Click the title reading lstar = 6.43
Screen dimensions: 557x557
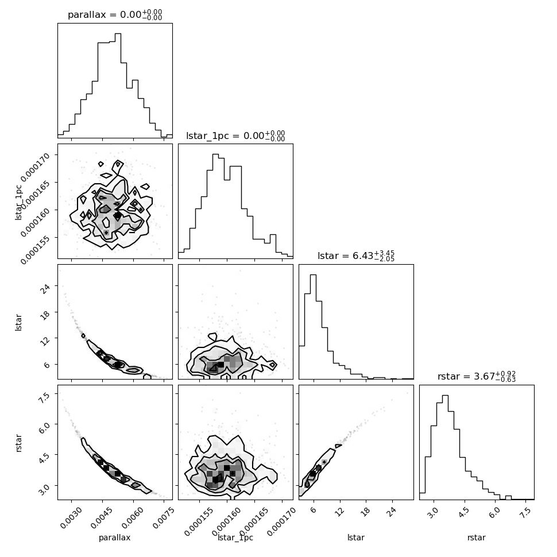[x=356, y=256]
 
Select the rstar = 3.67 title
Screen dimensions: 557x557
[x=477, y=376]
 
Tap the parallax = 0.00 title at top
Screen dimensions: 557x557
[x=115, y=14]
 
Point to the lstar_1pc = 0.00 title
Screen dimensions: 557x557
[x=235, y=136]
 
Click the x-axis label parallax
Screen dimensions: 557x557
[x=115, y=537]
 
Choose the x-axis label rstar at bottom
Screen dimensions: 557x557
[x=477, y=537]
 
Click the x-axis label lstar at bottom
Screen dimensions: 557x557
[x=356, y=537]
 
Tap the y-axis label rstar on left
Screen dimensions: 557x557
[x=18, y=443]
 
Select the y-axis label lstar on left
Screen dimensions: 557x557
[x=18, y=323]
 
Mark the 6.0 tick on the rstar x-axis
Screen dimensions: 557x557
[x=494, y=513]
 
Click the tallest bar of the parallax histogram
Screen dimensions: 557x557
[x=118, y=85]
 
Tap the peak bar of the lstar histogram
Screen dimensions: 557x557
[x=314, y=327]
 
